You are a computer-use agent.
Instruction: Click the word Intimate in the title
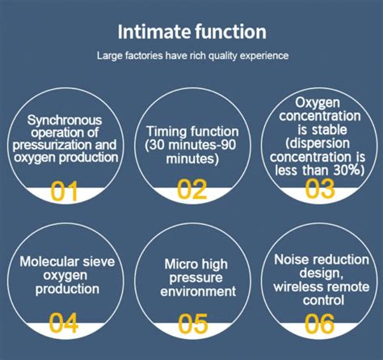point(154,32)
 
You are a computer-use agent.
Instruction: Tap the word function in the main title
point(231,32)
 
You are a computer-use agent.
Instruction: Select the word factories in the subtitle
point(144,56)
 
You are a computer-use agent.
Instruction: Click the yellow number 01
point(64,191)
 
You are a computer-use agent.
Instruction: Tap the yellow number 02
point(191,189)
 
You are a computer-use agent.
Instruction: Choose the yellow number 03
point(320,188)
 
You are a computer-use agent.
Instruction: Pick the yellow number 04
point(64,322)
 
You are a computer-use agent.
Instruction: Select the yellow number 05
point(193,323)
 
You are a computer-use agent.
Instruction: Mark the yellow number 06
point(319,323)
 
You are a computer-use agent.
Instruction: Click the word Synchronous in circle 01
point(65,121)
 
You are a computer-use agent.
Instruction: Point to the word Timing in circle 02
point(166,132)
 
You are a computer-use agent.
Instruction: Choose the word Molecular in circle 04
point(49,261)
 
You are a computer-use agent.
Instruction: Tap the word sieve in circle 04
point(99,262)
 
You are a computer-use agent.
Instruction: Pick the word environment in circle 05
point(198,291)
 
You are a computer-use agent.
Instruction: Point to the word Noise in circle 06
point(289,260)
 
